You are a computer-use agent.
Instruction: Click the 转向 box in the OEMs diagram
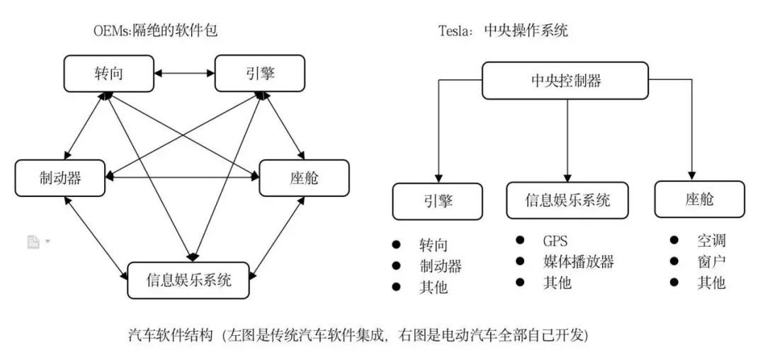108,74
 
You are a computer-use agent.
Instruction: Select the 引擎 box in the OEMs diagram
259,74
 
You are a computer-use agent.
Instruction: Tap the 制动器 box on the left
59,177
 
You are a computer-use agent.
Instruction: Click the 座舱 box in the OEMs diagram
304,177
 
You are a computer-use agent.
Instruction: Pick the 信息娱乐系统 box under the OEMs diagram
189,279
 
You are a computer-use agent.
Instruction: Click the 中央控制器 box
565,80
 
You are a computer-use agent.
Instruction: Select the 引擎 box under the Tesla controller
437,201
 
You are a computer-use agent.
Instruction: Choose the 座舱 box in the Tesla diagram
699,199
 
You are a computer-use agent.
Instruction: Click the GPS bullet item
555,241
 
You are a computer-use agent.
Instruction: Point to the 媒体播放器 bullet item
578,261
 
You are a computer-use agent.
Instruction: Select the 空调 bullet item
711,241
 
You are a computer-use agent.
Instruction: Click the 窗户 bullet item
711,261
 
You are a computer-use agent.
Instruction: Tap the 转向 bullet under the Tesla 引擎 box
433,245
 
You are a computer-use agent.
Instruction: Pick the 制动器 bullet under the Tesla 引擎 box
441,266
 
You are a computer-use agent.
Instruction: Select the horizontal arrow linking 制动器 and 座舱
182,176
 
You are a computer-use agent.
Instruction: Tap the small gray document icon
33,242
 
